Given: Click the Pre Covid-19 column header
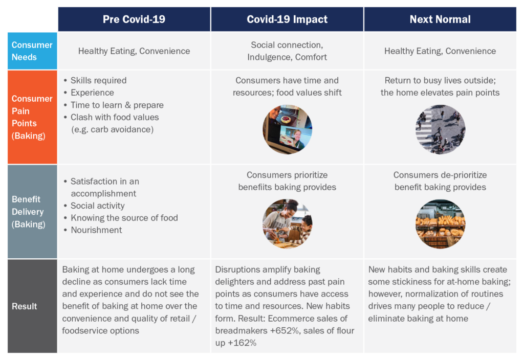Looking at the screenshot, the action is tap(134, 19).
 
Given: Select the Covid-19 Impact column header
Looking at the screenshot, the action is tap(287, 19).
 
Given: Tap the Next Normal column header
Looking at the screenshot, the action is tap(440, 19).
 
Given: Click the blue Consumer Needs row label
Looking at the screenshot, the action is tap(32, 51).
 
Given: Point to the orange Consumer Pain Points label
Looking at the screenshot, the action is tap(32, 117).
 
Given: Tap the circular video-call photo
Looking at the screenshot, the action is tap(288, 129).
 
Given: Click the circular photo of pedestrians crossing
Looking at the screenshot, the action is tap(441, 129).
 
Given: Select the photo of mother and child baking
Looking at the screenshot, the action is tap(288, 224).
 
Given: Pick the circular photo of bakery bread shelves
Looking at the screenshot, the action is tap(441, 224).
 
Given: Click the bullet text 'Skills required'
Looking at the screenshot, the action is tap(99, 80).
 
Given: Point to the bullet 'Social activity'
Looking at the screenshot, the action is tap(98, 206).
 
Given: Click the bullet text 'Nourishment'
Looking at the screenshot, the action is tap(96, 230).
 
